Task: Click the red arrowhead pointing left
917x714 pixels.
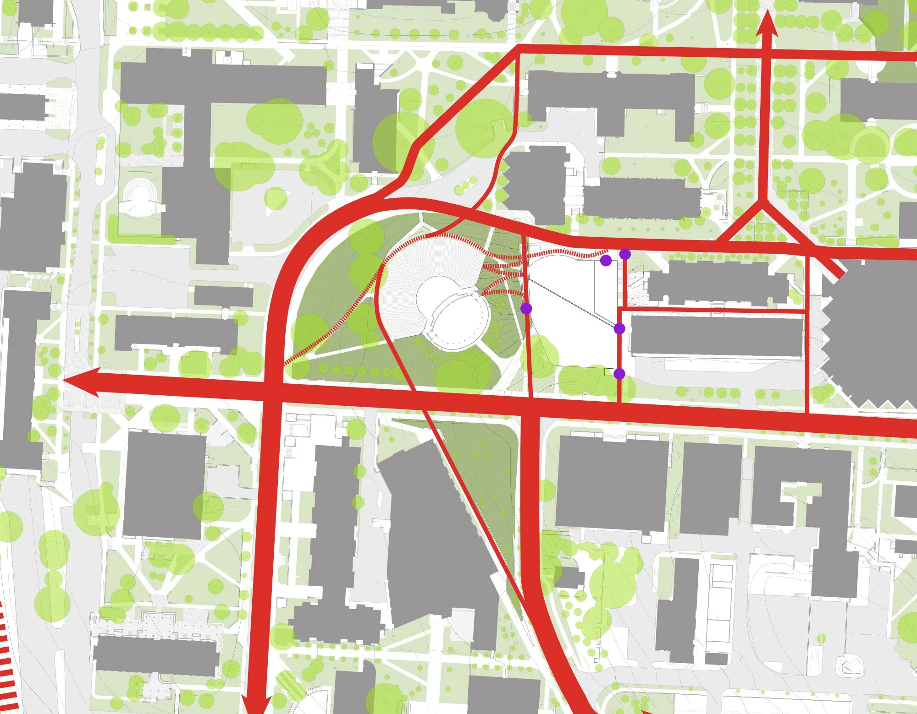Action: pyautogui.click(x=80, y=381)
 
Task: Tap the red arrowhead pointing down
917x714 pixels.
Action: pyautogui.click(x=254, y=703)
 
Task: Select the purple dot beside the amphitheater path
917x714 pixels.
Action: pyautogui.click(x=526, y=308)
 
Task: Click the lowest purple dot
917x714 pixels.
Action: pyautogui.click(x=619, y=374)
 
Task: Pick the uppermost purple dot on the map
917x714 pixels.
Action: pyautogui.click(x=624, y=254)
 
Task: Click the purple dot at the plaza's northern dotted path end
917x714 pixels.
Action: pyautogui.click(x=605, y=261)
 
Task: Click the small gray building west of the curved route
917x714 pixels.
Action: pyautogui.click(x=223, y=296)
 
